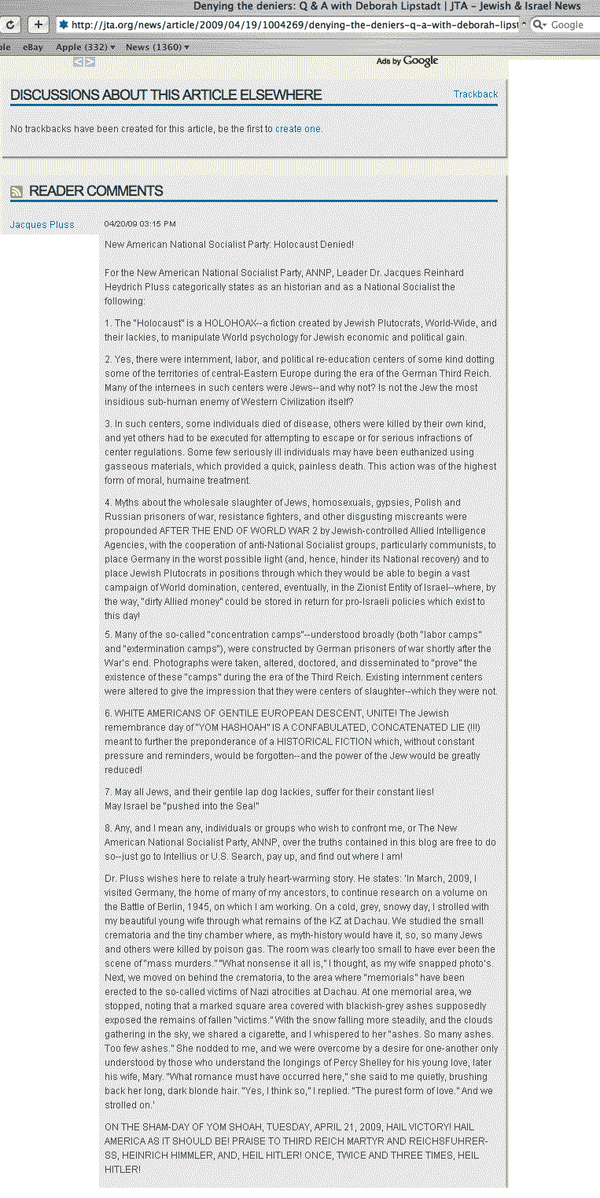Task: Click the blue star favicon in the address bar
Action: tap(64, 24)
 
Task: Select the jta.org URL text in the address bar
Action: tap(291, 24)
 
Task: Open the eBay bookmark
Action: tap(33, 47)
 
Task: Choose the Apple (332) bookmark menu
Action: tap(85, 47)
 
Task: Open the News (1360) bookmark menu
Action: tap(156, 47)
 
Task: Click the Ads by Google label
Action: tap(407, 61)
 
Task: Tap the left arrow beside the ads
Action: tap(79, 61)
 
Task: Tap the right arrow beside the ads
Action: tap(90, 61)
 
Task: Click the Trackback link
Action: tap(475, 94)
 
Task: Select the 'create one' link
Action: tap(297, 129)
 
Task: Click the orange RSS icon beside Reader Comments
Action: tap(16, 191)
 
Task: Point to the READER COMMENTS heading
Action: tap(96, 191)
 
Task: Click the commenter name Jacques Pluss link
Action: tap(42, 225)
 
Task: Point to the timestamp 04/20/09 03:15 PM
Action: tap(140, 224)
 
